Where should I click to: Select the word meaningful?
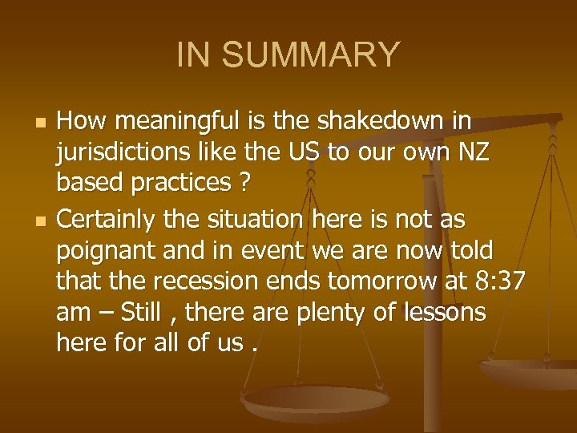point(164,123)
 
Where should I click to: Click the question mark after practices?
point(244,184)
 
